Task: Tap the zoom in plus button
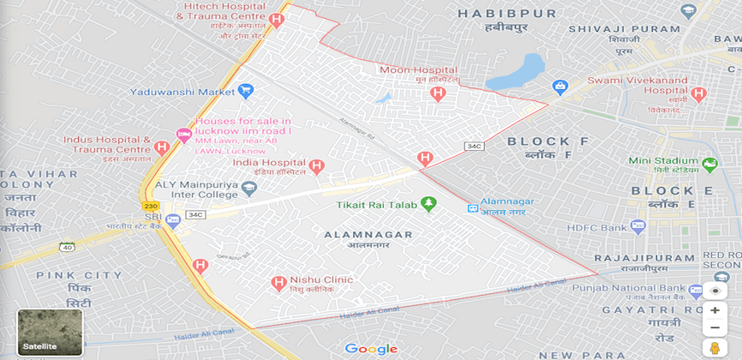(x=715, y=310)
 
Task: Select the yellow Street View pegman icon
(x=715, y=347)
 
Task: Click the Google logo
(x=371, y=349)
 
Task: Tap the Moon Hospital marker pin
(x=439, y=93)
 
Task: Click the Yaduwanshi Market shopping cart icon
(x=247, y=90)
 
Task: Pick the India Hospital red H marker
(x=316, y=165)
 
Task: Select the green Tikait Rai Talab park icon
(x=429, y=203)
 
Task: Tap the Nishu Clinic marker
(x=278, y=282)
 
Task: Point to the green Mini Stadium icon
(x=709, y=164)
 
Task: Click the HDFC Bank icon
(x=637, y=226)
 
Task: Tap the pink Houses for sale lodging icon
(x=183, y=134)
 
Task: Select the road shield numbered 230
(x=152, y=206)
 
